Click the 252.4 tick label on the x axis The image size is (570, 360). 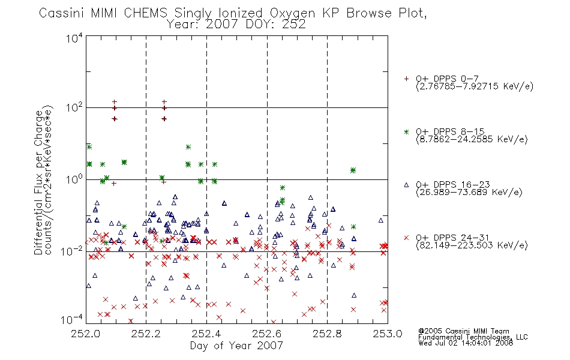click(x=206, y=334)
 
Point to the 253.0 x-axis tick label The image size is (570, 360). click(x=388, y=334)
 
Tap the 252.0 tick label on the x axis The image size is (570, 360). click(x=86, y=334)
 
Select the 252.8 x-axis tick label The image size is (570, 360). click(x=327, y=334)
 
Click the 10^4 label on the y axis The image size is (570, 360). click(x=74, y=38)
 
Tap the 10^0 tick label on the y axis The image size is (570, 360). click(x=74, y=179)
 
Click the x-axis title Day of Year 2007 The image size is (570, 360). click(x=236, y=346)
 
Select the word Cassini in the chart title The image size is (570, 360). click(x=62, y=13)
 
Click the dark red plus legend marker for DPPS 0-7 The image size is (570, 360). click(x=406, y=79)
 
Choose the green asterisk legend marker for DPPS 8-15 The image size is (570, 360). click(x=406, y=131)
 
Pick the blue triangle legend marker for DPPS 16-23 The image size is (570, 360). click(x=406, y=185)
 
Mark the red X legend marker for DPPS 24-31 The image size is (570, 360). click(x=406, y=238)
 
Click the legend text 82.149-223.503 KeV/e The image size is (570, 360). click(x=472, y=245)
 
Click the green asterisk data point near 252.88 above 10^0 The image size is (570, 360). click(x=353, y=170)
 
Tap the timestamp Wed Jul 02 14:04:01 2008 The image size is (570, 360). click(x=466, y=343)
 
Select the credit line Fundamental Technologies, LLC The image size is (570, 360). click(x=473, y=337)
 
